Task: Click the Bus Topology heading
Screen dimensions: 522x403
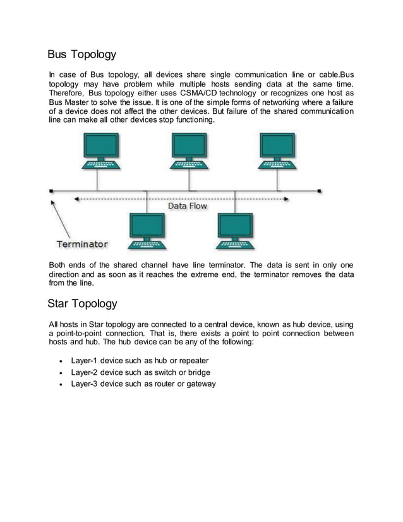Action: click(x=82, y=55)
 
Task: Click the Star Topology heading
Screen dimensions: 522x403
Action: click(x=82, y=303)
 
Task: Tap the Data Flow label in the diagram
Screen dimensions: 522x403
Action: click(x=187, y=206)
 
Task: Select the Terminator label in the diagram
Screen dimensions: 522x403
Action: click(x=82, y=244)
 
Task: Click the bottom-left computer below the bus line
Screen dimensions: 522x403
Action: click(x=147, y=231)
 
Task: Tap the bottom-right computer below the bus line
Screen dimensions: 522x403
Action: click(x=234, y=231)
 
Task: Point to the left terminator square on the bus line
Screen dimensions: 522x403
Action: click(x=51, y=190)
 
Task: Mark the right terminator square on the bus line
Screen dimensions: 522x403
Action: click(x=320, y=190)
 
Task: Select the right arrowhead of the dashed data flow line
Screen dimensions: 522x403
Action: click(x=299, y=198)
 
